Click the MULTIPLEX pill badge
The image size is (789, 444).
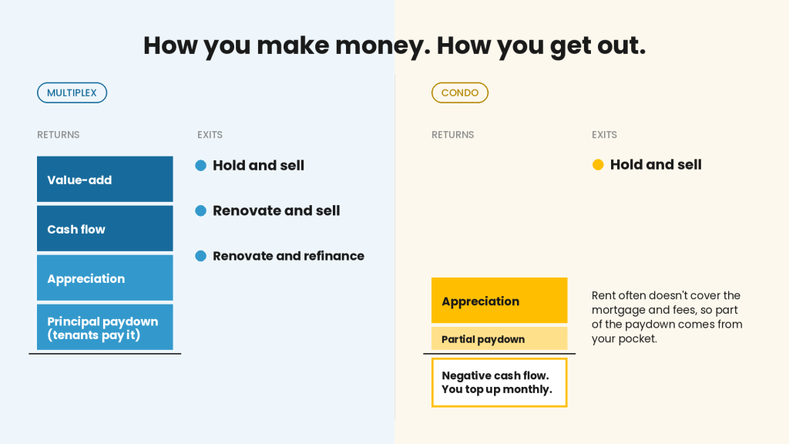(x=72, y=92)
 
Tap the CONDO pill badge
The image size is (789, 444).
(x=460, y=92)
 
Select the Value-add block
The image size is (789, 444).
(x=105, y=179)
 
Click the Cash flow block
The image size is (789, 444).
(x=105, y=228)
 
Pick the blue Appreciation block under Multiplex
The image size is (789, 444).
(x=105, y=277)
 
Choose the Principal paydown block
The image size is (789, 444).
(x=105, y=327)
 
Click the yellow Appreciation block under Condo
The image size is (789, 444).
(x=499, y=301)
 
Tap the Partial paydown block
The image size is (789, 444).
(x=499, y=338)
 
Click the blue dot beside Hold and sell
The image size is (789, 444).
(x=201, y=166)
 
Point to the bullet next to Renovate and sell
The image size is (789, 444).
(x=201, y=211)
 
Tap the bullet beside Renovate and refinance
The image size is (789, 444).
(x=201, y=256)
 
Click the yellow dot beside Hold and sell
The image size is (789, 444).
(x=598, y=165)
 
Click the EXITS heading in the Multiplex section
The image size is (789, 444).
(x=210, y=135)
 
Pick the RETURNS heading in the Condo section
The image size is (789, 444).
(x=453, y=135)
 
